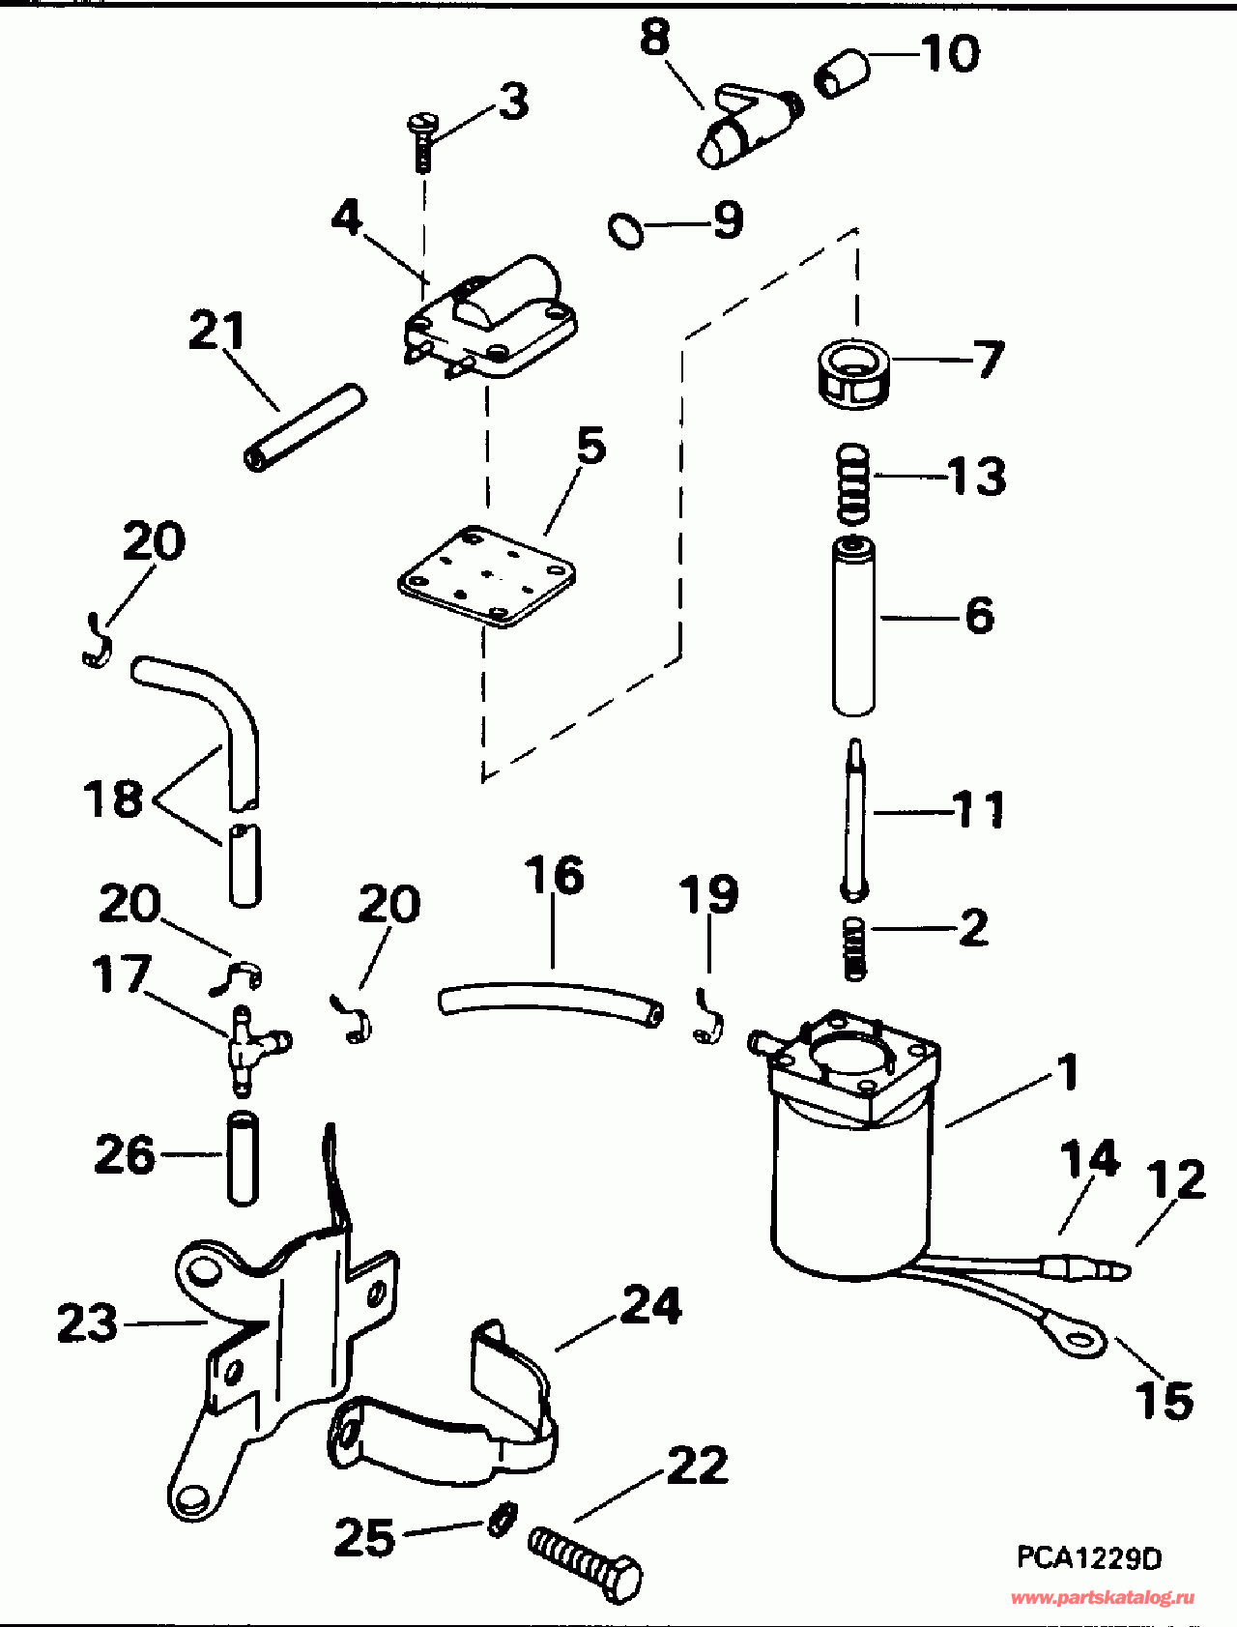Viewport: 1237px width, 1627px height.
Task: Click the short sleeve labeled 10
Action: pyautogui.click(x=842, y=75)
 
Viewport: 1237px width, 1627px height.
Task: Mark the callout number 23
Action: pyautogui.click(x=87, y=1323)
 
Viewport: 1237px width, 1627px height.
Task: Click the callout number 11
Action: pyautogui.click(x=980, y=809)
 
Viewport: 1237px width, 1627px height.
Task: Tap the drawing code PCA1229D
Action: pyautogui.click(x=1089, y=1557)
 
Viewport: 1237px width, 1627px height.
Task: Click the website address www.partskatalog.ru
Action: pyautogui.click(x=1102, y=1597)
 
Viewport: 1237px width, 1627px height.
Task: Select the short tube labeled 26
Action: pyautogui.click(x=243, y=1158)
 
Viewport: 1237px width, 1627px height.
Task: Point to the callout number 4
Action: pyautogui.click(x=346, y=218)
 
